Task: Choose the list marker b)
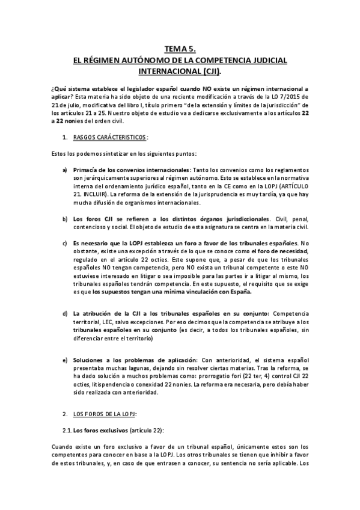65,218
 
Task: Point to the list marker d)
65,313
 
